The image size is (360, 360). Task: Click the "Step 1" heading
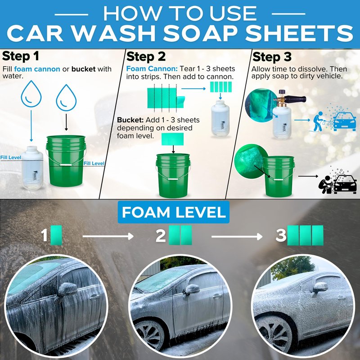pyautogui.click(x=20, y=56)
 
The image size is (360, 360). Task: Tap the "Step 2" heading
pyautogui.click(x=146, y=57)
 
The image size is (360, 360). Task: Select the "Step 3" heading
pyautogui.click(x=272, y=57)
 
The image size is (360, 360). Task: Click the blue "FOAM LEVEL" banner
pyautogui.click(x=174, y=212)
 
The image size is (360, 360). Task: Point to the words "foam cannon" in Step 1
pyautogui.click(x=37, y=69)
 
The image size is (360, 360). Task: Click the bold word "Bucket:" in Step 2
pyautogui.click(x=130, y=120)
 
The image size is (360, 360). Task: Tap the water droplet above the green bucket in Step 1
pyautogui.click(x=66, y=98)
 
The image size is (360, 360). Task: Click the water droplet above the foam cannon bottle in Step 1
pyautogui.click(x=31, y=94)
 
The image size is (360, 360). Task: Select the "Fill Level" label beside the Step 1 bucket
pyautogui.click(x=94, y=163)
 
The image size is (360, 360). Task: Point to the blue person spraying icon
pyautogui.click(x=319, y=121)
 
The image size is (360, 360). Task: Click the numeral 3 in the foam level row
pyautogui.click(x=281, y=235)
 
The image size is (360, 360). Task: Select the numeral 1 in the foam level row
pyautogui.click(x=44, y=235)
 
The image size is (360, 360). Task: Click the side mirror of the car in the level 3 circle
pyautogui.click(x=320, y=287)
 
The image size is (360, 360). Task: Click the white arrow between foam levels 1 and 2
pyautogui.click(x=108, y=236)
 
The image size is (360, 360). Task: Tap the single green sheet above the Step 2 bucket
pyautogui.click(x=173, y=139)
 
